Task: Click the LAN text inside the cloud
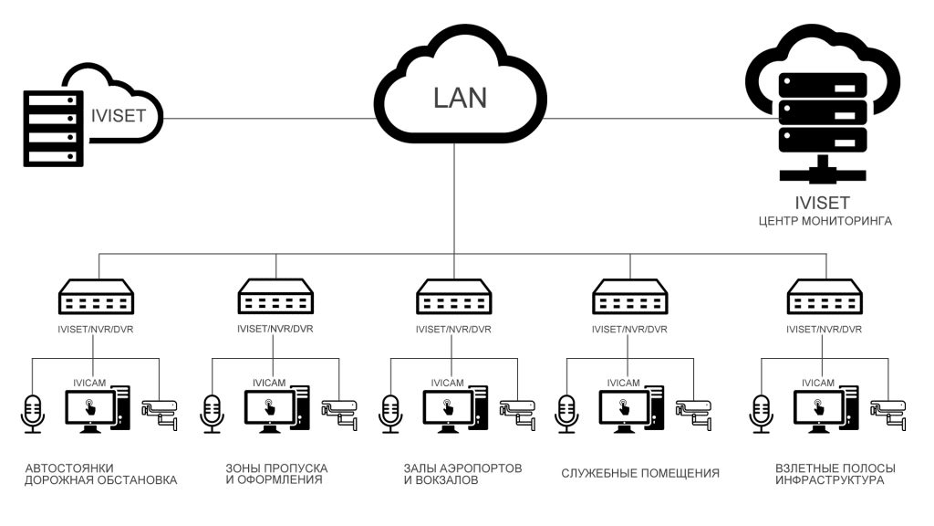click(461, 97)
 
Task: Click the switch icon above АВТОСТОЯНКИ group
click(97, 298)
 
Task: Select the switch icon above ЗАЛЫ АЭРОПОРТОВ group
click(453, 298)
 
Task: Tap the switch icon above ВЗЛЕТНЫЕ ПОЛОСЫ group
click(825, 298)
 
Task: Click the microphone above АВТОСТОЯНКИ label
click(34, 413)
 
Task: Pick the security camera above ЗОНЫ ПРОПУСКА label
click(343, 413)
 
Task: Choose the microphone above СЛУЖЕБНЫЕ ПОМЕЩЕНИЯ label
click(568, 413)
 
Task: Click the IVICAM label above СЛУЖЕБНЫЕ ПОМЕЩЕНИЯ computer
click(624, 383)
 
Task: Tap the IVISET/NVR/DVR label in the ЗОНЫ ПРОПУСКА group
click(275, 330)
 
